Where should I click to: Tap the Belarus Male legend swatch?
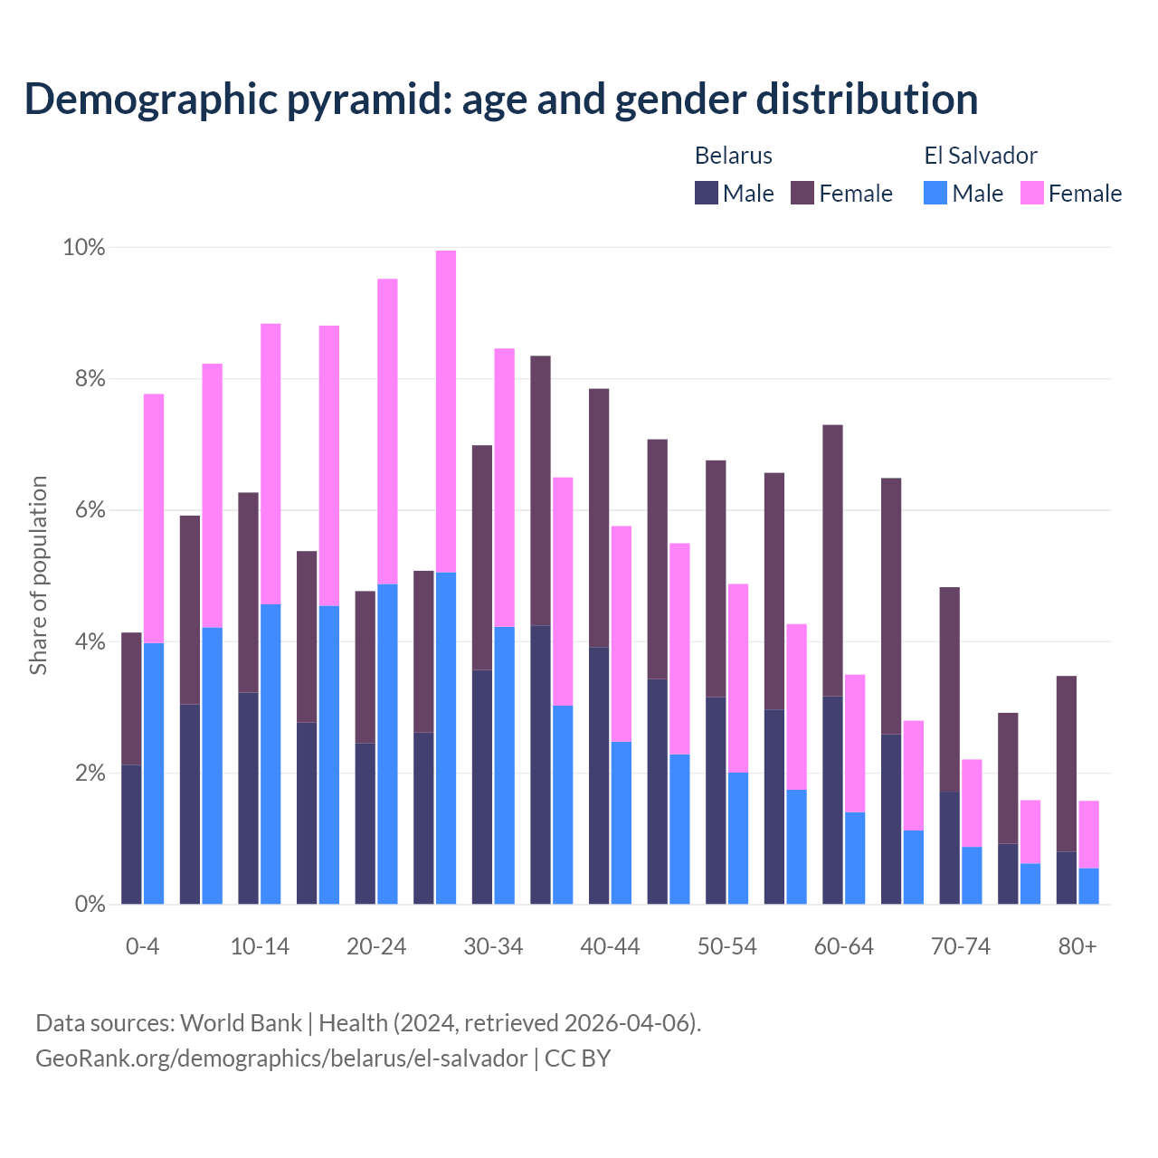707,193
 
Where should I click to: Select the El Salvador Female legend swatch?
1032,193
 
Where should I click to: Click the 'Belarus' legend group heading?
733,156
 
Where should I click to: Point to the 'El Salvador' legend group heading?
980,156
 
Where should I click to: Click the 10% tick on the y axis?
83,247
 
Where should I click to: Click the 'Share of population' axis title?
39,575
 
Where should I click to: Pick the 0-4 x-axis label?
142,946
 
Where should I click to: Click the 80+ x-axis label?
1077,946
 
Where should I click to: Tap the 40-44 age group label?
610,946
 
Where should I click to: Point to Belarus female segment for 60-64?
832,560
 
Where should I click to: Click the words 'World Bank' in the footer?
241,1023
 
